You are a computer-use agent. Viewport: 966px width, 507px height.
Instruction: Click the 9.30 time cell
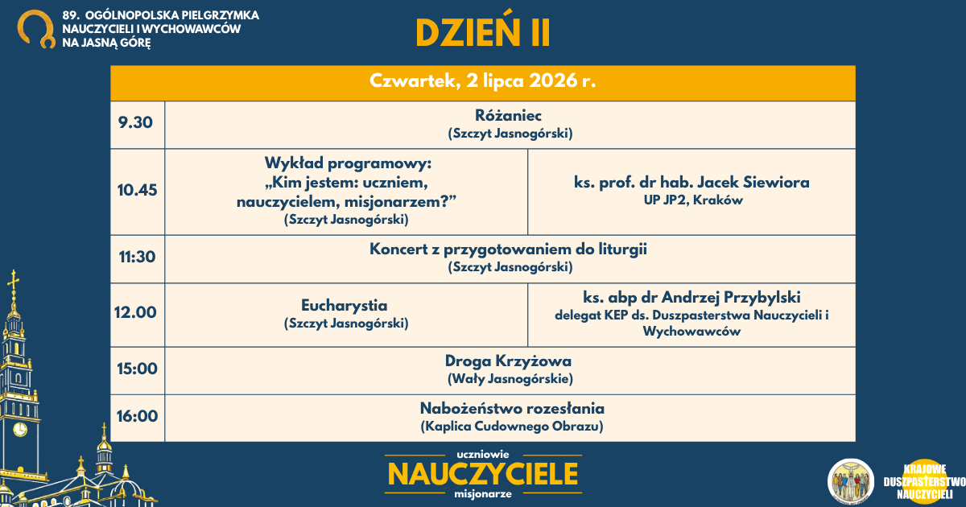(135, 123)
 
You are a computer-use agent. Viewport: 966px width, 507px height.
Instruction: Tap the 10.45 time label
(137, 190)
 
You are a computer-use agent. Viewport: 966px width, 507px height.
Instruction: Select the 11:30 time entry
(137, 257)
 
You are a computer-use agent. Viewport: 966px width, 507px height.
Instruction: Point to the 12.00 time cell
(135, 312)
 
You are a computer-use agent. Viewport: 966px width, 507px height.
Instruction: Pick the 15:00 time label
(137, 369)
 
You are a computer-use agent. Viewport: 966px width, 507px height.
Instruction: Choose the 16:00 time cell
(137, 417)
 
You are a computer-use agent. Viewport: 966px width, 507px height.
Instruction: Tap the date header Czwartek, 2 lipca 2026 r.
(482, 81)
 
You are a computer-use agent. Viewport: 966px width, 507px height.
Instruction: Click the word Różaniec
(508, 116)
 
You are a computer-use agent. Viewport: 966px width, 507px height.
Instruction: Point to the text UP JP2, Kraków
(693, 200)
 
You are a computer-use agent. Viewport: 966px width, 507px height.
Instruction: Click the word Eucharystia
(345, 306)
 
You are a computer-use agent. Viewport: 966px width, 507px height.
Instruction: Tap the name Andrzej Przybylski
(731, 297)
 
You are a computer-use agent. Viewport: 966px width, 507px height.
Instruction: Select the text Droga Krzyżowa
(508, 361)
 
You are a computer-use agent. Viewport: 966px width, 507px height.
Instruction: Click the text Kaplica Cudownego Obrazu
(512, 427)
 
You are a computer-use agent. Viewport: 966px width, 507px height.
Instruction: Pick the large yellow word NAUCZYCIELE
(483, 474)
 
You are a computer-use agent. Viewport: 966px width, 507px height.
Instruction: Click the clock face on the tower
(20, 429)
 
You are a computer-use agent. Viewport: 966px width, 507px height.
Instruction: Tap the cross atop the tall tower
(14, 281)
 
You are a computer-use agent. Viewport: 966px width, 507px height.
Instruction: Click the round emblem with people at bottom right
(850, 481)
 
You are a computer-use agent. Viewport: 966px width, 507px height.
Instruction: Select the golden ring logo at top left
(36, 29)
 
